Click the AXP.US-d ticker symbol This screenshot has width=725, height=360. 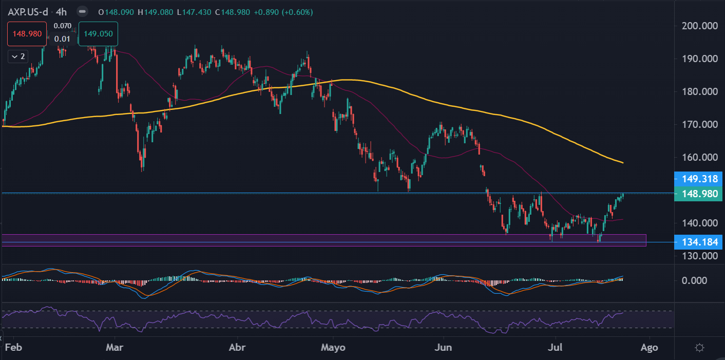coord(28,12)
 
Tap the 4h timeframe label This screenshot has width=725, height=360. coord(61,12)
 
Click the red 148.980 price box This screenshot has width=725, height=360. coord(27,34)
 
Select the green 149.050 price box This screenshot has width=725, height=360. coord(98,34)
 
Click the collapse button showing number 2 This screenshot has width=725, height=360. coord(18,56)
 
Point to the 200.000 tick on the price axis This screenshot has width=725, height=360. coord(700,26)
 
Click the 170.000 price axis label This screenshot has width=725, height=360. coord(700,124)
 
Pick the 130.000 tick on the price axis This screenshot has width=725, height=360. coord(700,256)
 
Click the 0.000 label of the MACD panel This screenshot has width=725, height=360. coord(695,280)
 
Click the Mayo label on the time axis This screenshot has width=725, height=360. coord(333,348)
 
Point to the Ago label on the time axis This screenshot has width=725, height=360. coord(649,348)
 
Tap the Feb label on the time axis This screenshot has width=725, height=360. coord(13,347)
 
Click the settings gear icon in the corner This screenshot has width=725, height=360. coord(699,348)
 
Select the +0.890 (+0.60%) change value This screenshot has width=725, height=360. coord(283,12)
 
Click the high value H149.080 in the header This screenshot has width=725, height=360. coord(156,12)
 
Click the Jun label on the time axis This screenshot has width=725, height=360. coord(443,347)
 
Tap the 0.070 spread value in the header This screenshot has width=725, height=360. coord(63,26)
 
